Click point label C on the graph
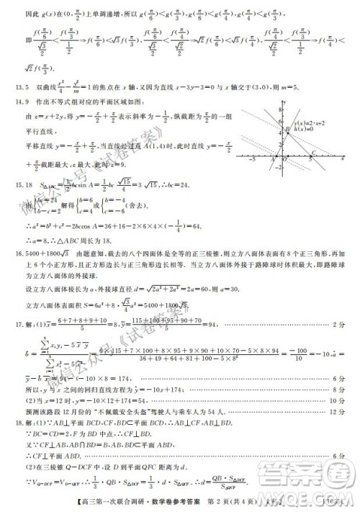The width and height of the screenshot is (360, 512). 314,153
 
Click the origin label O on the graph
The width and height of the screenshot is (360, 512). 282,159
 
